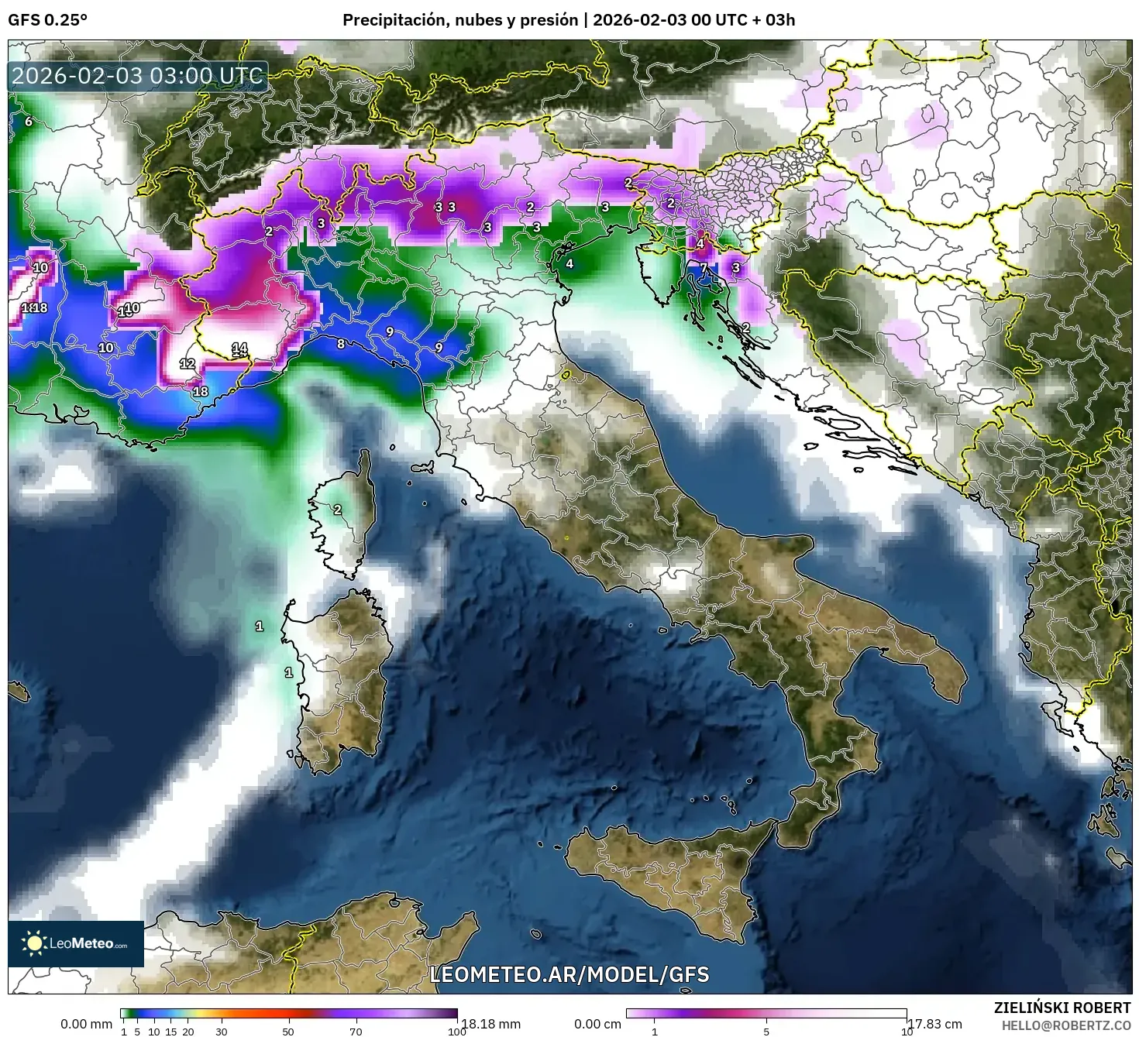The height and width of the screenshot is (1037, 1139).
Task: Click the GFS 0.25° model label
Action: tap(47, 20)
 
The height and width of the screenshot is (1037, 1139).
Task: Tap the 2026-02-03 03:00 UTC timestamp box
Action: tap(137, 76)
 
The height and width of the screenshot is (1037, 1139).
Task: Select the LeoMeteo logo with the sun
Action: tap(75, 943)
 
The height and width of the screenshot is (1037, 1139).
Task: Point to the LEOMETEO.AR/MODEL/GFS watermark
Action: tap(569, 974)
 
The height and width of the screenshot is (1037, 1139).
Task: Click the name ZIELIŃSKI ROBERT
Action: tap(1062, 1008)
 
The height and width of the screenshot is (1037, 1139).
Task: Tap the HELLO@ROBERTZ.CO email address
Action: tap(1066, 1025)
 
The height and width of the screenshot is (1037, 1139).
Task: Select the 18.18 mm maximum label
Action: tap(490, 1024)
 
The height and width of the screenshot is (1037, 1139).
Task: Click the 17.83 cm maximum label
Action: tap(935, 1024)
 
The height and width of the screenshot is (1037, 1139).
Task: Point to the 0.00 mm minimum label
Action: tap(86, 1024)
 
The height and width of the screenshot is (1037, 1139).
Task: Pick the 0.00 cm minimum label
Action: tap(597, 1024)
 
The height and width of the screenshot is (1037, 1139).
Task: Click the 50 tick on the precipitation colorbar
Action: tap(288, 1032)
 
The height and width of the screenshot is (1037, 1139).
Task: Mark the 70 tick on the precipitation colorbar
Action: tap(356, 1032)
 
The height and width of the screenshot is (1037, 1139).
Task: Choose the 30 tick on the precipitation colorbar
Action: tap(222, 1032)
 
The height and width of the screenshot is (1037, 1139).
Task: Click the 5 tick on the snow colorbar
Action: tap(766, 1032)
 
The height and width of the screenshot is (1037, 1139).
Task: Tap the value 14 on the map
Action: tap(239, 349)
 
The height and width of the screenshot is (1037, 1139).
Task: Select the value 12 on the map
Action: tap(188, 363)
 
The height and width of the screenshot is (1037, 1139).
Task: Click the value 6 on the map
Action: tap(29, 122)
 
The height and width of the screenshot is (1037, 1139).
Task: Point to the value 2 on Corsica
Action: tap(338, 510)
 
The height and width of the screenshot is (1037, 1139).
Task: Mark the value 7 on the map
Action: tap(704, 268)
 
